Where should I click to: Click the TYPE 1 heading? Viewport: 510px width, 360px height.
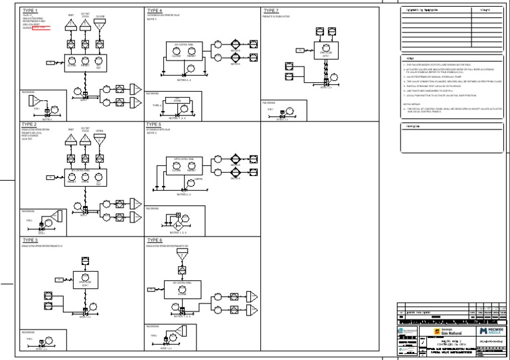[31, 11]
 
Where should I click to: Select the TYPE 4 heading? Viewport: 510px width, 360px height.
[154, 11]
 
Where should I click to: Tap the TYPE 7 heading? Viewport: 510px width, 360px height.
[271, 11]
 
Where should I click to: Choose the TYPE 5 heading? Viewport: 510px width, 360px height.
[154, 124]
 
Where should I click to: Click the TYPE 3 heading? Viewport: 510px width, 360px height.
[31, 240]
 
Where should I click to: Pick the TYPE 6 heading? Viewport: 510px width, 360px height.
[154, 240]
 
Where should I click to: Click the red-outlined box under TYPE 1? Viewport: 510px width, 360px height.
[41, 28]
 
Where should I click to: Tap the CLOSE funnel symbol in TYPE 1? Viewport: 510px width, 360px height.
[100, 23]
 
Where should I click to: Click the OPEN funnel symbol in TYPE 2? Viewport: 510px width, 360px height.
[100, 137]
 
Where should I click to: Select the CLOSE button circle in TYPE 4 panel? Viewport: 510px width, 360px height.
[177, 50]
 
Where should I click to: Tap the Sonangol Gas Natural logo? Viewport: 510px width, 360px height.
[446, 331]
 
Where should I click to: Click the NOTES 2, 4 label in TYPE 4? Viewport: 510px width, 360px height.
[185, 80]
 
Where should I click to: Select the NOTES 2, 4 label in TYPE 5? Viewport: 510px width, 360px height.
[185, 195]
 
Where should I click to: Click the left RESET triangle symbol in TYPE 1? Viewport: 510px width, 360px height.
[72, 24]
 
